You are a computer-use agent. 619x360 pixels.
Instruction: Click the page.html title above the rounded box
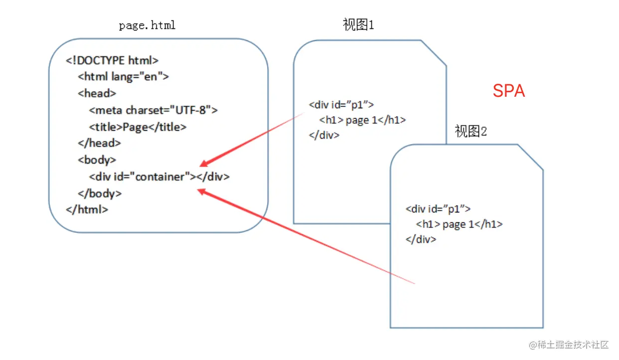coord(148,25)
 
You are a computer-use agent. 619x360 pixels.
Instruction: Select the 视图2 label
coord(470,131)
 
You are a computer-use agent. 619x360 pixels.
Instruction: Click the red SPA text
coord(508,91)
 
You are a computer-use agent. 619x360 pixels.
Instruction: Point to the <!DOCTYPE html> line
coord(112,61)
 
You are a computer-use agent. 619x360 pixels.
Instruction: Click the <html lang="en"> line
coord(124,77)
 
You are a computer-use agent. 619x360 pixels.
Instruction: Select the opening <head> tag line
coord(97,93)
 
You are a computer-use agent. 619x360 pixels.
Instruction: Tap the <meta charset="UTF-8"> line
coord(154,110)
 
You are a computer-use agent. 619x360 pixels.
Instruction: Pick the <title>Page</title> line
coord(138,127)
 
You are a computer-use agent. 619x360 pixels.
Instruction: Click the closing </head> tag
coord(99,143)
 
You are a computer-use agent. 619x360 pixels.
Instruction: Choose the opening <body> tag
coord(97,160)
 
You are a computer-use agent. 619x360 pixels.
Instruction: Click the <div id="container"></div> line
coord(159,177)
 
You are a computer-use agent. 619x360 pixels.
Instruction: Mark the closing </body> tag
coord(100,193)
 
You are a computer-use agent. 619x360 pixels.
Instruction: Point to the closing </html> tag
coord(87,209)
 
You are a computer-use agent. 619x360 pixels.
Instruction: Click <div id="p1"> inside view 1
coord(341,105)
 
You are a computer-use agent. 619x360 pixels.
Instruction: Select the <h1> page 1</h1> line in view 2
coord(459,224)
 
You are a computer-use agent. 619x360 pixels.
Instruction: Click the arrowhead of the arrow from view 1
coord(203,165)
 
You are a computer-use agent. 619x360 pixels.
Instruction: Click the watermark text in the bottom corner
coord(569,345)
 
